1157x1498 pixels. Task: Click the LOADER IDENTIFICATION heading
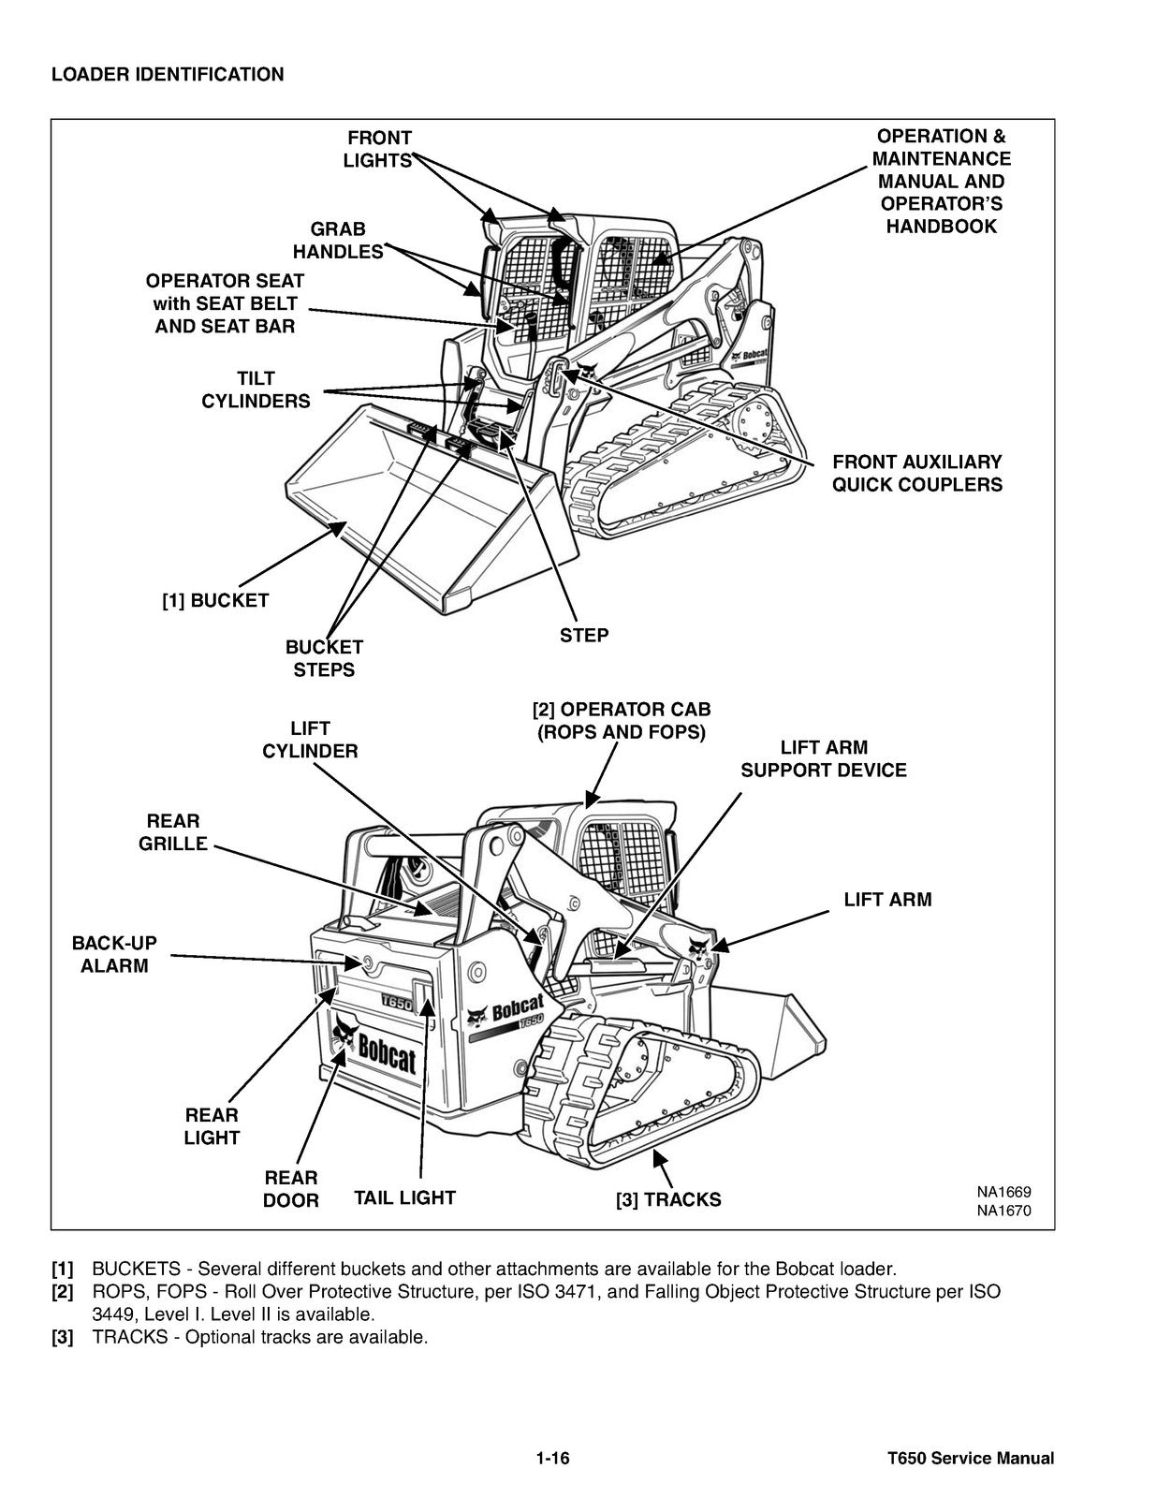point(168,74)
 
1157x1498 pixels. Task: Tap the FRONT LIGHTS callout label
point(377,149)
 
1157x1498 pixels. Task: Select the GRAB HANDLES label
point(338,241)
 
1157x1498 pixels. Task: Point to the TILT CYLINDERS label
point(256,389)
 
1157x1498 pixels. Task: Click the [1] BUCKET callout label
point(215,601)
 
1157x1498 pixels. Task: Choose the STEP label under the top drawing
point(584,636)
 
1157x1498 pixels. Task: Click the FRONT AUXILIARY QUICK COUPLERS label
point(916,473)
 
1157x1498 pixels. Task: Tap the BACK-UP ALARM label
point(114,954)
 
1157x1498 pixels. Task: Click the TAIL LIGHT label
point(404,1197)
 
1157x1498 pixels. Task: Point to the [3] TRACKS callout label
point(668,1199)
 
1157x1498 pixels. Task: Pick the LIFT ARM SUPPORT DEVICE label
point(824,758)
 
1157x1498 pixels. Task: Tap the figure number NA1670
point(1003,1210)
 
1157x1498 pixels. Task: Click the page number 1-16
point(553,1458)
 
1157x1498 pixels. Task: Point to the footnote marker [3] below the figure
point(63,1337)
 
